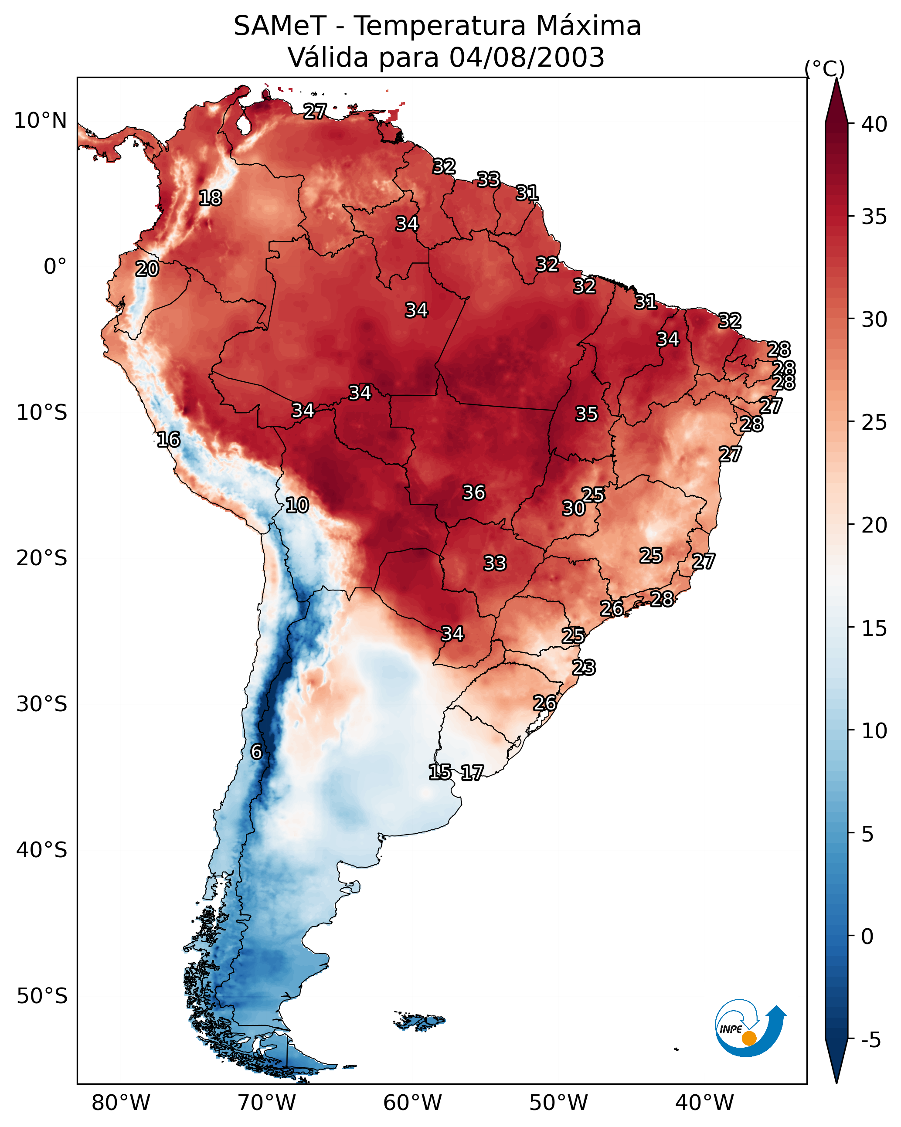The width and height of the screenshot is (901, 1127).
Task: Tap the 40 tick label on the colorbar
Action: point(874,124)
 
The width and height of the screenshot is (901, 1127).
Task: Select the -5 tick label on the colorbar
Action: point(871,1040)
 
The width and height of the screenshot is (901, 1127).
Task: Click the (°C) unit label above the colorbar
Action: point(825,68)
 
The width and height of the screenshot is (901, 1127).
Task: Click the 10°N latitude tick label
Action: point(40,121)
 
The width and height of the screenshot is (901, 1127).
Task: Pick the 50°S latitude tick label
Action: point(42,996)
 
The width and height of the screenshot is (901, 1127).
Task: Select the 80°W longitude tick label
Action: point(121,1103)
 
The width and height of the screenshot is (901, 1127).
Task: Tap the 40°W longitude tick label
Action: point(704,1103)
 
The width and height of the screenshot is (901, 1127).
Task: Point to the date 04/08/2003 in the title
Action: point(527,58)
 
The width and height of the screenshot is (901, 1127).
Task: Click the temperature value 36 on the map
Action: point(474,492)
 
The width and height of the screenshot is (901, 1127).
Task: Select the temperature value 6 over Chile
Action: point(256,752)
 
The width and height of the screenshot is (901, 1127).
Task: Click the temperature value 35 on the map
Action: point(586,414)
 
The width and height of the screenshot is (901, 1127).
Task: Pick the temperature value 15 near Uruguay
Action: point(440,772)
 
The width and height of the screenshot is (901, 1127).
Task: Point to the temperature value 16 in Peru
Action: point(168,440)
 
